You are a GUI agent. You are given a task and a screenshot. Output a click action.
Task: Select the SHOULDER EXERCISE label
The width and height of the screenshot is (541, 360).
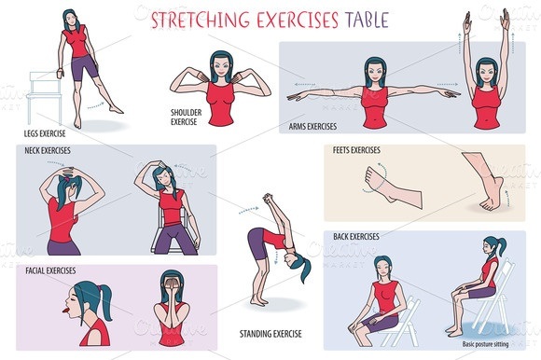click(x=183, y=117)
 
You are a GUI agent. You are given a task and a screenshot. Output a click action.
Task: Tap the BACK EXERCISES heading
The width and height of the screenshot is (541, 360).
click(x=355, y=237)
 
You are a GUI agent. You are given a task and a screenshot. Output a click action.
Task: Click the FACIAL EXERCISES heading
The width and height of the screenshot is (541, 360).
click(x=48, y=270)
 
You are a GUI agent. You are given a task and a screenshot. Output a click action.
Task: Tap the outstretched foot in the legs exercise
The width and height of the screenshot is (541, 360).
click(x=114, y=109)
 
